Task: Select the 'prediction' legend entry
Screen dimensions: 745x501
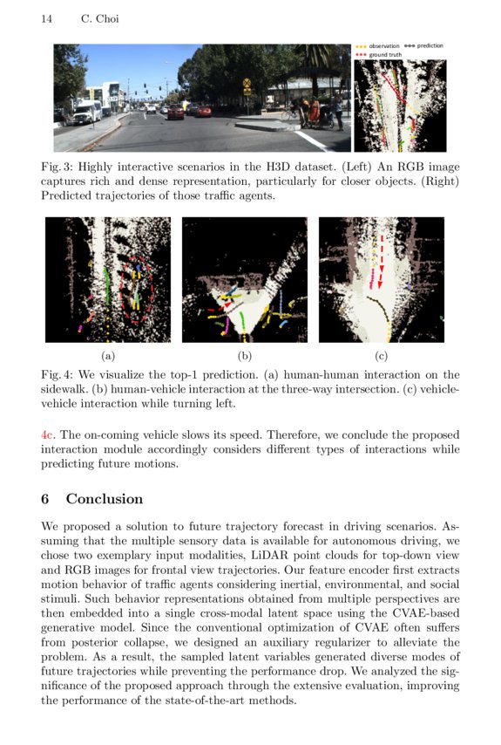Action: [429, 45]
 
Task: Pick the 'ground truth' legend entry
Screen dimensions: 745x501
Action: [384, 54]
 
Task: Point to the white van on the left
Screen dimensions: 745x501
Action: [87, 111]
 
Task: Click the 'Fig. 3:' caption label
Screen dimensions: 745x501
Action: [58, 167]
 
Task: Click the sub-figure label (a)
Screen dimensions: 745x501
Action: [108, 355]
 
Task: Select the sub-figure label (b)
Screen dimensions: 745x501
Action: [245, 355]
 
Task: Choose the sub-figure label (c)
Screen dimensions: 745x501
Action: [381, 355]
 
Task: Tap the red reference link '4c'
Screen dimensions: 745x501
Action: [48, 434]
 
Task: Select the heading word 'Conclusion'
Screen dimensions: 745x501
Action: [105, 499]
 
